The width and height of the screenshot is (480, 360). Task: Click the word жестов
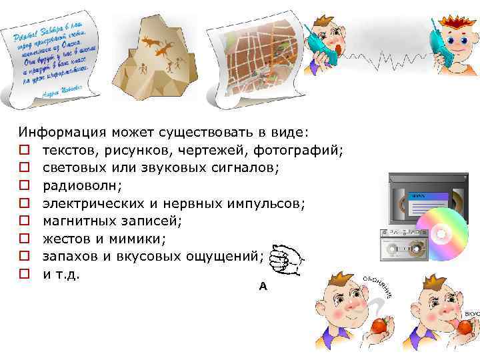(x=63, y=237)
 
